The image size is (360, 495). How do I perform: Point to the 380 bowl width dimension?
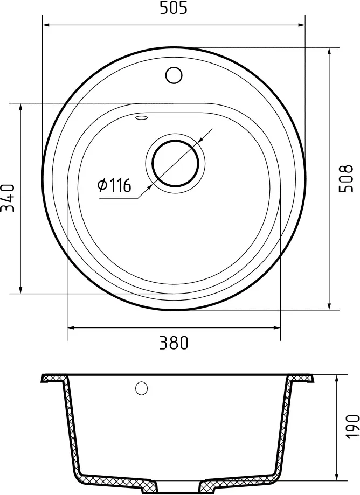click(x=174, y=343)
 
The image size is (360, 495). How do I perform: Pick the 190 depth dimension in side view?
click(x=351, y=427)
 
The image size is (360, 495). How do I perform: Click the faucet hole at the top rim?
click(x=174, y=74)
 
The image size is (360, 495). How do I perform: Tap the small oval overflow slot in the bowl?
click(x=142, y=118)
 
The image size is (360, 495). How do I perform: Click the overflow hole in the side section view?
click(x=142, y=388)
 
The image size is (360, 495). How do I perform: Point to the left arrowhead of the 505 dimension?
click(x=47, y=24)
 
